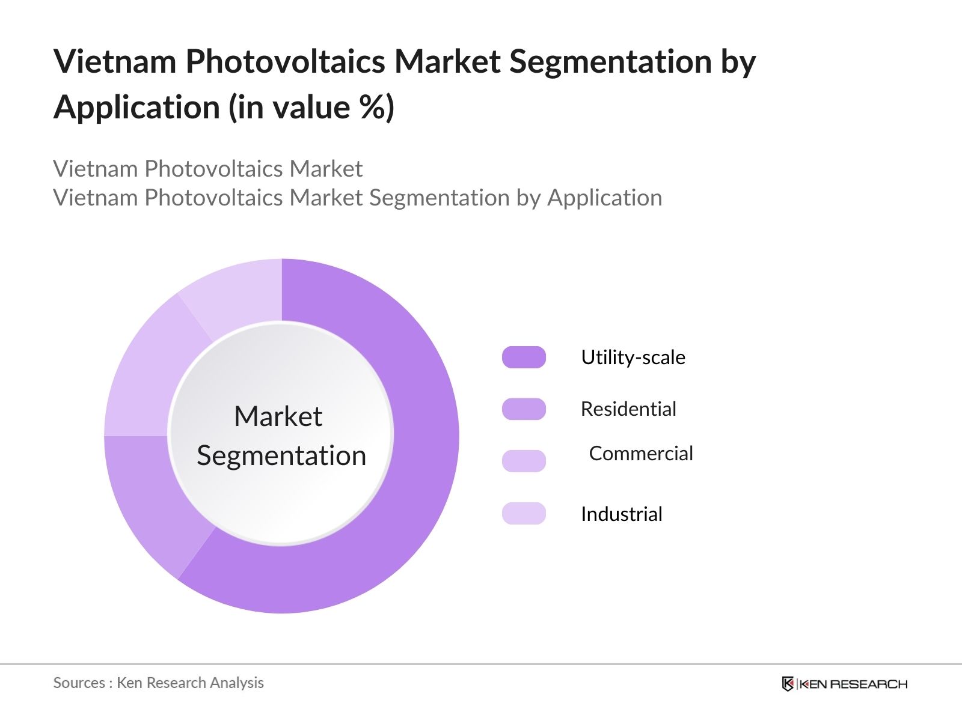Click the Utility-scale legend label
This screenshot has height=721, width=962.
633,357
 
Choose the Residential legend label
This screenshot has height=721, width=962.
628,409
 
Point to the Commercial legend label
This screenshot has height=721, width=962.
641,454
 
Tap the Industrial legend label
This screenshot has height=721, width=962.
622,514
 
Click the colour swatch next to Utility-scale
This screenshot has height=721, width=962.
524,357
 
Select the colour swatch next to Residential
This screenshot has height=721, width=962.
524,409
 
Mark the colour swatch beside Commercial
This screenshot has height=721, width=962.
524,461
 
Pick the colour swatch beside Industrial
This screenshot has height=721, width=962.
524,513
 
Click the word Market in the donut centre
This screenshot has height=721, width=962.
278,416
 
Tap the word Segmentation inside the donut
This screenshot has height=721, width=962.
281,456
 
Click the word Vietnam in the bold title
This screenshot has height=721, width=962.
115,61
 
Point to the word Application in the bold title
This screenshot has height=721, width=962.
136,108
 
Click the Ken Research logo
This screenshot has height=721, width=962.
845,684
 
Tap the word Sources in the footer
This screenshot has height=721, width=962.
79,683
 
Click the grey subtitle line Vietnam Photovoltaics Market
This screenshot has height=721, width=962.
208,169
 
